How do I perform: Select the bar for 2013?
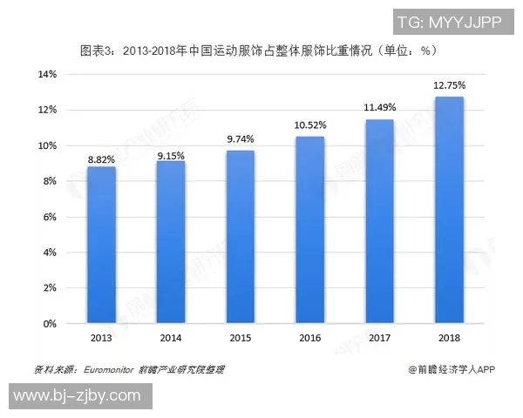pos(101,245)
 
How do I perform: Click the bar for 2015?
pos(241,237)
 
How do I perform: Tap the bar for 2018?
pos(449,210)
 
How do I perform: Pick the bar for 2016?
pos(309,230)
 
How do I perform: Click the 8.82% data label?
pos(101,159)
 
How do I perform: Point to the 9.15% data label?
pos(171,154)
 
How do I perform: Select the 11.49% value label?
pos(379,107)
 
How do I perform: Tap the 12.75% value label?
pos(449,85)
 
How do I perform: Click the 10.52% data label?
pos(309,125)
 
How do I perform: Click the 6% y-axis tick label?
pos(49,216)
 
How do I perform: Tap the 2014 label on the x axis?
pos(171,337)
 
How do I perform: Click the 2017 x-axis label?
pos(379,337)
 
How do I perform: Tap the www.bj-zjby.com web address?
pos(78,396)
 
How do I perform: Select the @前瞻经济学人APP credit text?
pos(452,369)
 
